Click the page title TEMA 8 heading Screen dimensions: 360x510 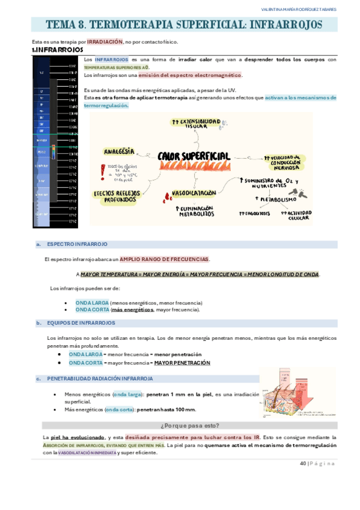[x=184, y=25]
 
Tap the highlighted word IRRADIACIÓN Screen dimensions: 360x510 [x=105, y=42]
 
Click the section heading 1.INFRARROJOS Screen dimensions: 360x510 [x=57, y=50]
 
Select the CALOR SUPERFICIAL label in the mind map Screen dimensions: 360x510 [x=194, y=156]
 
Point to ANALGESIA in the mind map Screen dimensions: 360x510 [x=119, y=152]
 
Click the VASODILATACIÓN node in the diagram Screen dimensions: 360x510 [x=194, y=194]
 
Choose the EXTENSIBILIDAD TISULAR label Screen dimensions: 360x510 [x=195, y=124]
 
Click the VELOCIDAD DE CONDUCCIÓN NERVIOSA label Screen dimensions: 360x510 [x=285, y=161]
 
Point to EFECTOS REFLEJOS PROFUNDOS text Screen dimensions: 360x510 [x=120, y=196]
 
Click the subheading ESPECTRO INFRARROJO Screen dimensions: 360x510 [x=77, y=244]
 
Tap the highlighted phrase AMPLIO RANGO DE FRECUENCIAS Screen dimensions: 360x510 [x=164, y=259]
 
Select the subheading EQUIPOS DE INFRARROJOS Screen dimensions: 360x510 [x=81, y=323]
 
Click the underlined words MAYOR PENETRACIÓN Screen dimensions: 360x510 [x=182, y=363]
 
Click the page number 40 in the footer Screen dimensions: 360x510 [x=302, y=464]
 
